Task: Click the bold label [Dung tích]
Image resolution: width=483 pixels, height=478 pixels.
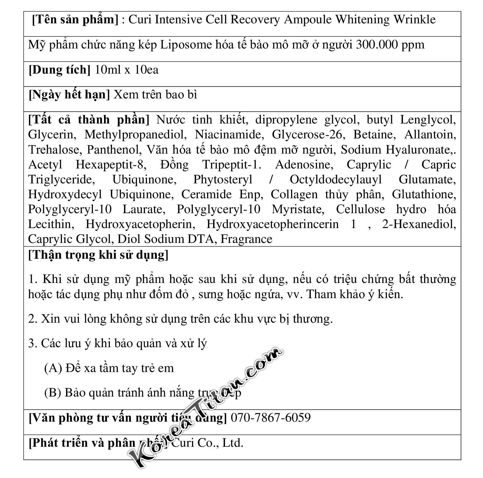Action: click(x=60, y=70)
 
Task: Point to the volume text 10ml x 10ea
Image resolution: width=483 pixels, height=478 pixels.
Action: click(x=127, y=70)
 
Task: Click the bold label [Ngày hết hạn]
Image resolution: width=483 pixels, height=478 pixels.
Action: click(x=69, y=95)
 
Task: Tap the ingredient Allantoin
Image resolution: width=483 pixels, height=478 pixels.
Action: click(x=430, y=135)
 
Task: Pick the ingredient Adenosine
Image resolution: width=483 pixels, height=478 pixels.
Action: click(x=304, y=165)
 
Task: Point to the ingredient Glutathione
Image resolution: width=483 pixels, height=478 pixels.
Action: click(x=424, y=194)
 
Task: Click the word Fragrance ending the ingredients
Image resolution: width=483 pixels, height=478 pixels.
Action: click(x=246, y=239)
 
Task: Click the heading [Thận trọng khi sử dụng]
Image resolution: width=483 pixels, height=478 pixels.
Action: click(x=98, y=255)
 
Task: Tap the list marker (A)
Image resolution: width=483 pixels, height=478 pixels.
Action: click(x=53, y=368)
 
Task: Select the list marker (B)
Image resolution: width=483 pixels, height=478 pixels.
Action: click(x=53, y=393)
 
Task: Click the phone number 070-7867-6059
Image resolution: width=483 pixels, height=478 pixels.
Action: click(x=271, y=418)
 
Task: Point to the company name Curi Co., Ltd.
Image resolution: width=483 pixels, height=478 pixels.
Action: click(x=207, y=443)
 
